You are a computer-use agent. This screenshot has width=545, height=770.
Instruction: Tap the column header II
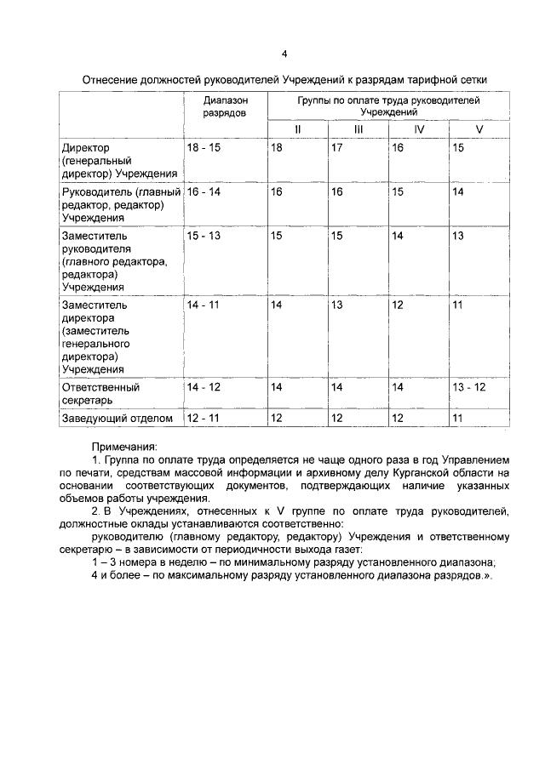pos(298,129)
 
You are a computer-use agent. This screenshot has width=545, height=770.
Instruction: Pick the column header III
pos(359,129)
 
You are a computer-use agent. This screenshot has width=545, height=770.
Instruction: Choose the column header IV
pos(418,129)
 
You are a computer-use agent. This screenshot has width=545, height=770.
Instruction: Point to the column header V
pos(479,129)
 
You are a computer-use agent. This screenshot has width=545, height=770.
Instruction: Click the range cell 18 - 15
pos(204,148)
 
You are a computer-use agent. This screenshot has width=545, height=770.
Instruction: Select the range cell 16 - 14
pos(204,193)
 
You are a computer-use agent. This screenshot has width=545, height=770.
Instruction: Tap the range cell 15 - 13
pos(204,236)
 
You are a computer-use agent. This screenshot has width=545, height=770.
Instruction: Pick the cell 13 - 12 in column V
pos(470,387)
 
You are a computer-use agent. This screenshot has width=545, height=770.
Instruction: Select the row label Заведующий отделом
pos(118,418)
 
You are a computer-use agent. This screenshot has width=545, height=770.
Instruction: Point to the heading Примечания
pos(124,446)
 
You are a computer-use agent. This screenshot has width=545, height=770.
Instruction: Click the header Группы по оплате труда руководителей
pos(388,100)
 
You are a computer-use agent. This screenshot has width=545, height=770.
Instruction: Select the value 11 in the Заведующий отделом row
pos(458,418)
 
